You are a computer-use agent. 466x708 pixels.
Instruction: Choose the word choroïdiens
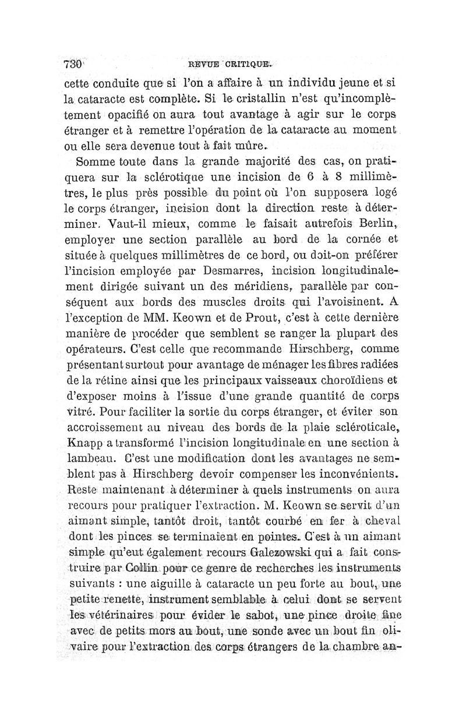(343, 381)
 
